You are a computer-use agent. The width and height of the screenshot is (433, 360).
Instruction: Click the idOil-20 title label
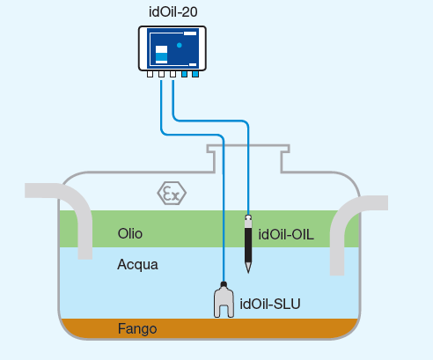pos(173,12)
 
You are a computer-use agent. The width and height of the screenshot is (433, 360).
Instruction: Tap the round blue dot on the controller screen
pos(180,45)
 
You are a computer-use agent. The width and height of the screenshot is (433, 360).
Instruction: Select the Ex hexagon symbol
pos(172,194)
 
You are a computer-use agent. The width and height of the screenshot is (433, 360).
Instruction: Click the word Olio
pos(130,234)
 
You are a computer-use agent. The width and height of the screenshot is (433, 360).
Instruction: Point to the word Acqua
pos(137,265)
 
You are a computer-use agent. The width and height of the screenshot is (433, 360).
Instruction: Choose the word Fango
pos(137,329)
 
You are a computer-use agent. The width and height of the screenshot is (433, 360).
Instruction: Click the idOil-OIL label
pos(286,235)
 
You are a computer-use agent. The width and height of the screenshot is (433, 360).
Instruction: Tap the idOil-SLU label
pos(270,304)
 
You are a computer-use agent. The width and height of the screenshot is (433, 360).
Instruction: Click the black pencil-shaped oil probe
pos(248,244)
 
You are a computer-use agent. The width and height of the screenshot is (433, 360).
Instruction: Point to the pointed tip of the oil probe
pos(248,273)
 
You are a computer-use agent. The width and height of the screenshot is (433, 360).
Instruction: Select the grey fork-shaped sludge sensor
pos(224,302)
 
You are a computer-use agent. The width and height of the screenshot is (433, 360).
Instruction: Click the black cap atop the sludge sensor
pos(224,284)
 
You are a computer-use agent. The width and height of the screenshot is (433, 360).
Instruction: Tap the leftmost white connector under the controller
pos(150,74)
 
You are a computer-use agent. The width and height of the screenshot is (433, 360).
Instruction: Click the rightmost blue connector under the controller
pos(195,74)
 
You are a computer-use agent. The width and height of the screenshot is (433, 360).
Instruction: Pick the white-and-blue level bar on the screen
pos(161,55)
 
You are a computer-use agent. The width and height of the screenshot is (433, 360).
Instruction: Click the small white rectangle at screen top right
pos(190,33)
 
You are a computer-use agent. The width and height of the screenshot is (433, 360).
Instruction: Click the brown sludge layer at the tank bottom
pos(209,328)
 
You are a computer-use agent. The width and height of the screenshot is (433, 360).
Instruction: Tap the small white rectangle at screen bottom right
pos(193,64)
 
